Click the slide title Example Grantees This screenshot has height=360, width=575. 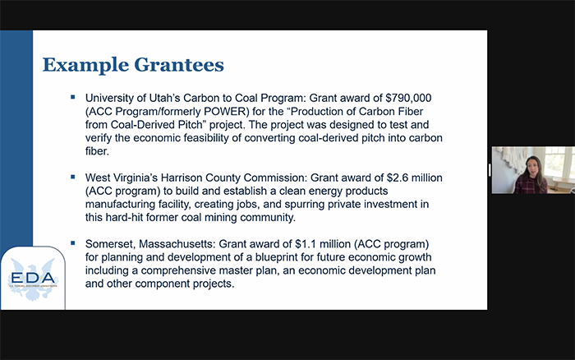tap(133, 64)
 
